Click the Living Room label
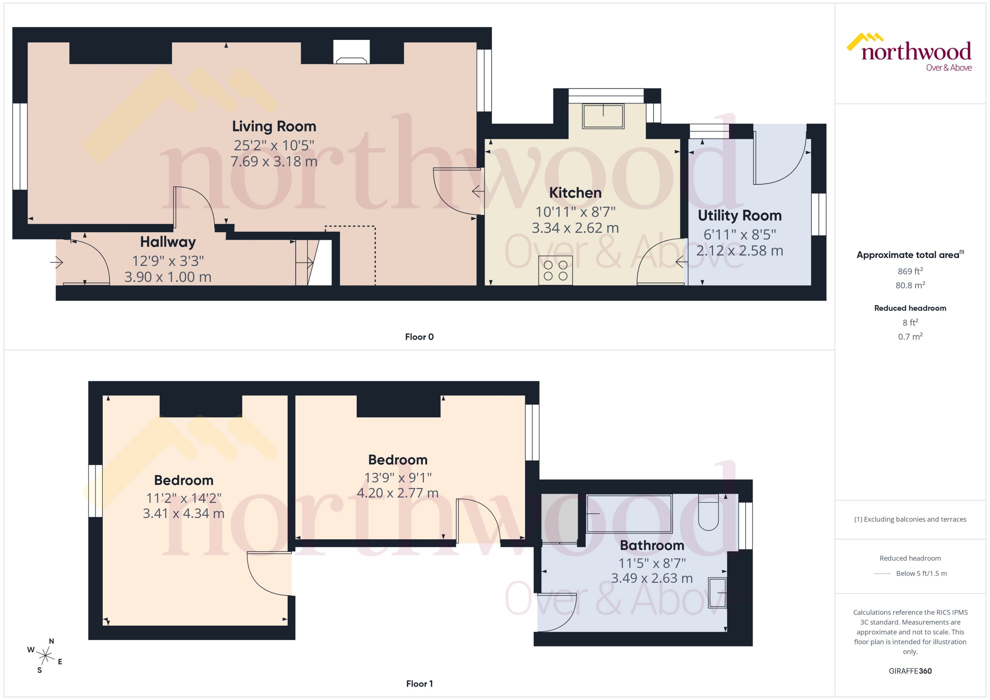coord(274,126)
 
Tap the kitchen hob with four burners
coord(555,270)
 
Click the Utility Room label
coord(739,216)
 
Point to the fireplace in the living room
coord(351,53)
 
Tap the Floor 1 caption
coord(419,684)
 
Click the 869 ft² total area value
coord(910,271)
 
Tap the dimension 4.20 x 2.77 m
coord(397,493)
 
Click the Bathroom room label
coord(651,545)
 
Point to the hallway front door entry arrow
coord(57,262)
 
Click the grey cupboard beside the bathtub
coord(559,517)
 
